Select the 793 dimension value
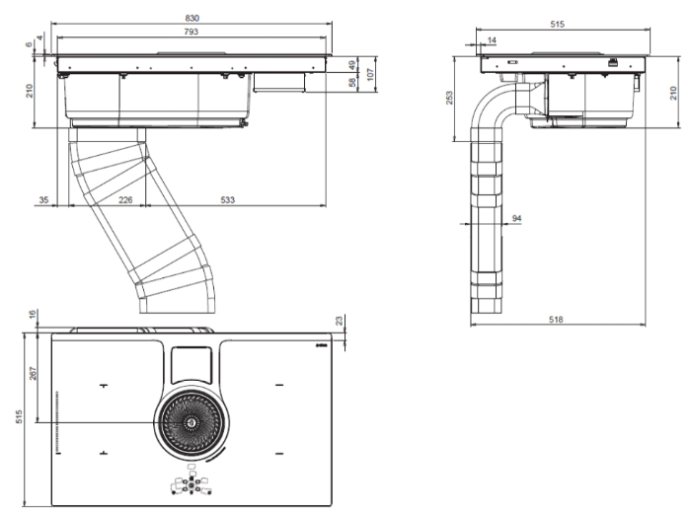coord(192,32)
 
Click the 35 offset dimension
coord(42,199)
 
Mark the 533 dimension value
coord(227,199)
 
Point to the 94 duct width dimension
coord(515,218)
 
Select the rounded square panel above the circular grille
coord(191,366)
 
